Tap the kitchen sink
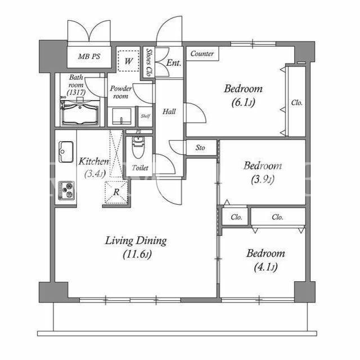tap(66, 151)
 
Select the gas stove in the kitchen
tap(66, 190)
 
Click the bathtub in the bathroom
tap(80, 113)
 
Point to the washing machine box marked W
tap(129, 61)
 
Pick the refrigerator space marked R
tap(116, 192)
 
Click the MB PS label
tap(89, 56)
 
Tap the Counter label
tap(202, 54)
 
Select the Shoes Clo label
tap(149, 62)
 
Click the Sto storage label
tap(200, 147)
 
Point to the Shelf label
tap(146, 116)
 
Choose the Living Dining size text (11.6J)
tap(137, 254)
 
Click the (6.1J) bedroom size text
tap(243, 102)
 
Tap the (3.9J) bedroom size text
tap(263, 179)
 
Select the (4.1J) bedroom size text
tap(265, 267)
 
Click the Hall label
tap(169, 111)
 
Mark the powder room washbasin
tap(121, 116)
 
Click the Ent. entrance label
tap(174, 62)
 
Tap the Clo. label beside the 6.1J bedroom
tap(296, 102)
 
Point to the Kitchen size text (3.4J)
tap(95, 174)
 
